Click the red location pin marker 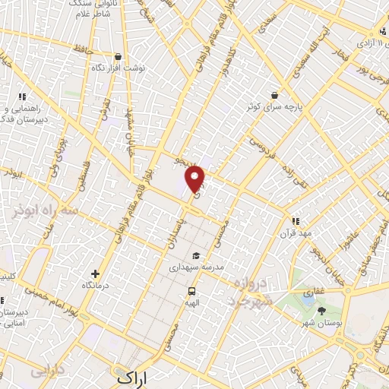196,179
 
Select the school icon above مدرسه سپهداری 197,256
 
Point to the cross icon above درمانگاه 95,274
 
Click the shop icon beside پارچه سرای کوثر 273,96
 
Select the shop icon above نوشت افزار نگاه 117,57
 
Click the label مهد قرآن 296,232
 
